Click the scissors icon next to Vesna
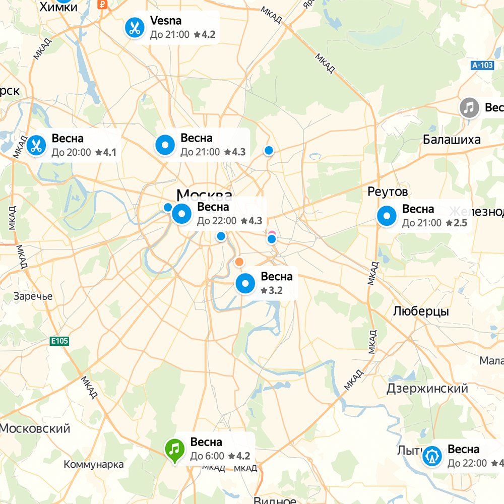coord(134,28)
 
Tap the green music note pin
coord(174,448)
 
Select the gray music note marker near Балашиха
coord(469,108)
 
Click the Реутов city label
coord(388,192)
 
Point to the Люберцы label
coord(421,311)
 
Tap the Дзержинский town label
coord(427,389)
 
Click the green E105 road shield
coord(59,341)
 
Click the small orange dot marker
coord(239,262)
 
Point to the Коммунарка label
coord(94,464)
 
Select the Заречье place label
coord(33,296)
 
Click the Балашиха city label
coord(452,140)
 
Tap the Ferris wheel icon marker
coord(432,456)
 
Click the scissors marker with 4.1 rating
coord(36,146)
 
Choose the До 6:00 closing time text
coord(207,456)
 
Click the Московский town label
coord(35,429)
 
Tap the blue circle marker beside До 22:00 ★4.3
coord(182,214)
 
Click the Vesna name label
coord(166,21)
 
